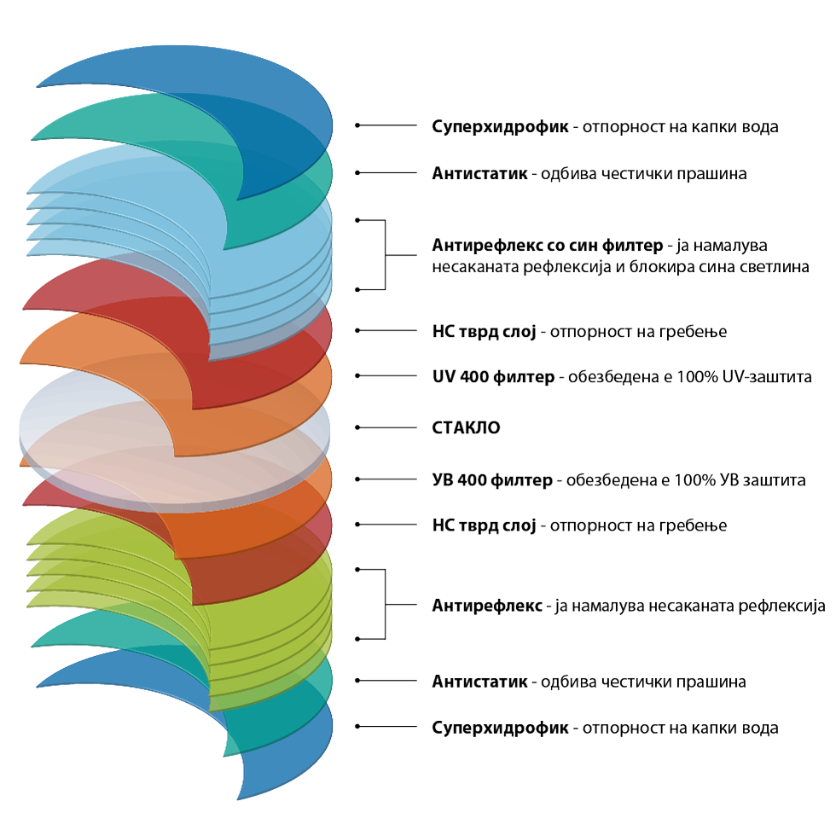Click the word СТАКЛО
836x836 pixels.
(x=466, y=427)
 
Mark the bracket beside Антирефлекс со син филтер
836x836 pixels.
(x=385, y=255)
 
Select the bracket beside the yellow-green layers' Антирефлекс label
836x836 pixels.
(x=385, y=604)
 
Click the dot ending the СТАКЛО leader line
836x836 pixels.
(x=357, y=427)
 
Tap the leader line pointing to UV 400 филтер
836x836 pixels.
(x=387, y=376)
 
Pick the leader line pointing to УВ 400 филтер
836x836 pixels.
(x=387, y=479)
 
